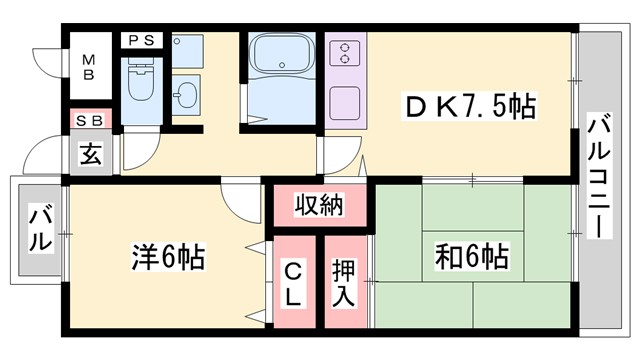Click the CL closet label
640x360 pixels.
(x=292, y=283)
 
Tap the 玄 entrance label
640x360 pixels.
(x=90, y=157)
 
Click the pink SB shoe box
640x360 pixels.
(x=90, y=120)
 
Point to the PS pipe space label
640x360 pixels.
(x=138, y=40)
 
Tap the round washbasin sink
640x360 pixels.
(x=185, y=97)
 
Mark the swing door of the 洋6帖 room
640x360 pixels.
(x=240, y=200)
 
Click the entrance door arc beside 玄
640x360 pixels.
(x=45, y=155)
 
